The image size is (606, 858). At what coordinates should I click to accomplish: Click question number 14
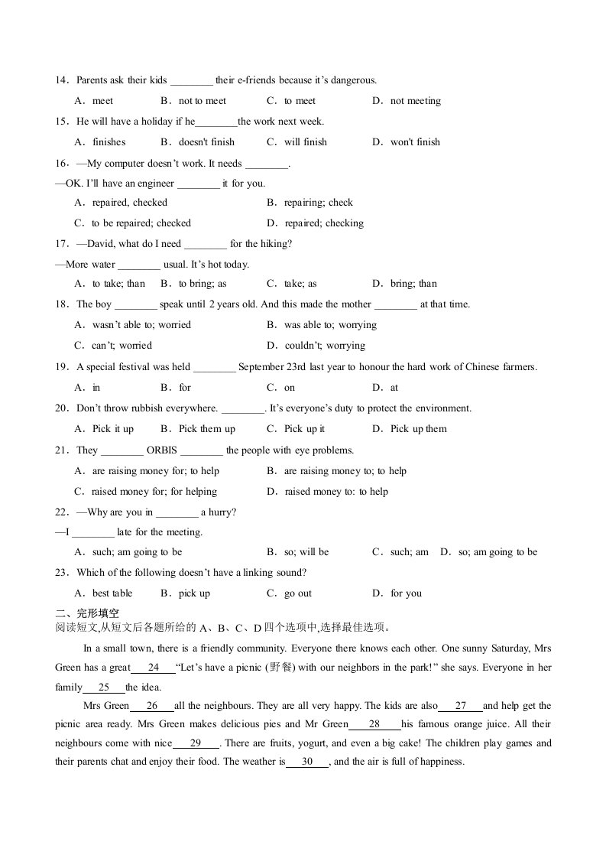pos(61,80)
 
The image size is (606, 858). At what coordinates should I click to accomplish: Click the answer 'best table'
pos(112,593)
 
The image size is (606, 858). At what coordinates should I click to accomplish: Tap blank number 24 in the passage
pos(154,648)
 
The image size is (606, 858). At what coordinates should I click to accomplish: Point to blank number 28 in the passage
pos(374,724)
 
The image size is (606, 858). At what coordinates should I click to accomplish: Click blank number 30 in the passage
pos(307,762)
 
